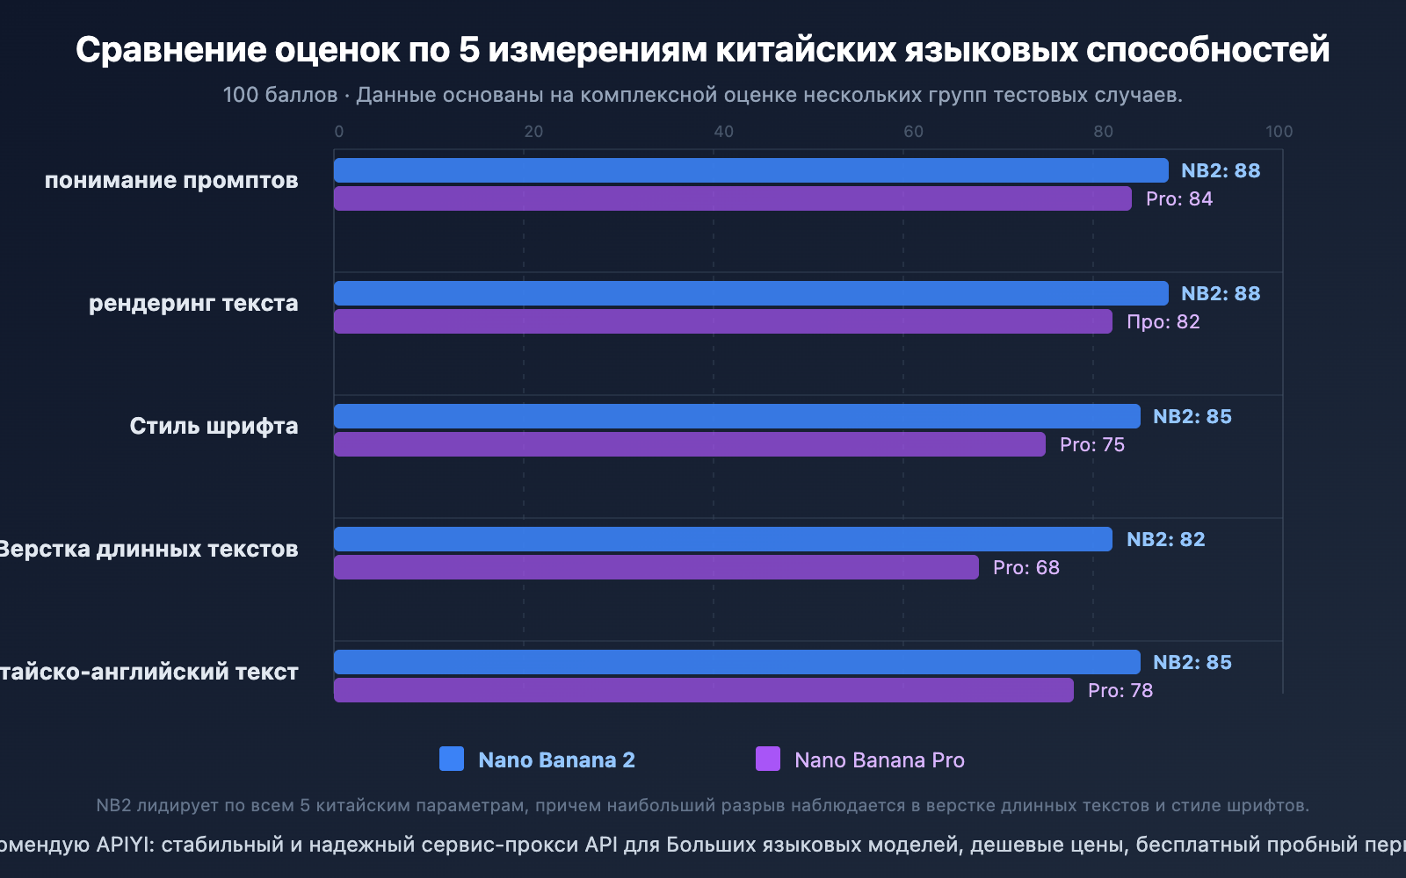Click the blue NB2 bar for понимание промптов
(x=751, y=170)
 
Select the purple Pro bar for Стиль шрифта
(x=690, y=444)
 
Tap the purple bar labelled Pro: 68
(x=656, y=567)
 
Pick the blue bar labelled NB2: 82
(x=722, y=539)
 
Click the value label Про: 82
(x=1163, y=321)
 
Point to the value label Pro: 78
(x=1120, y=690)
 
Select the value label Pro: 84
(x=1178, y=198)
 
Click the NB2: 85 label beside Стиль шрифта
(x=1192, y=416)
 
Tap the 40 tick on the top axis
(x=723, y=132)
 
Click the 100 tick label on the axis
(x=1279, y=132)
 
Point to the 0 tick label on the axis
(x=339, y=132)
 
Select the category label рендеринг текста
(x=193, y=303)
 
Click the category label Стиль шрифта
(x=214, y=426)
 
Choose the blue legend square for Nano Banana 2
(x=452, y=759)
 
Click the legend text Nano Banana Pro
(x=879, y=760)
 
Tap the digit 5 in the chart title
(x=469, y=50)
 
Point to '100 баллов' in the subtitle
(x=279, y=95)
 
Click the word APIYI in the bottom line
(x=126, y=845)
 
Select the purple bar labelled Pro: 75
(x=690, y=444)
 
